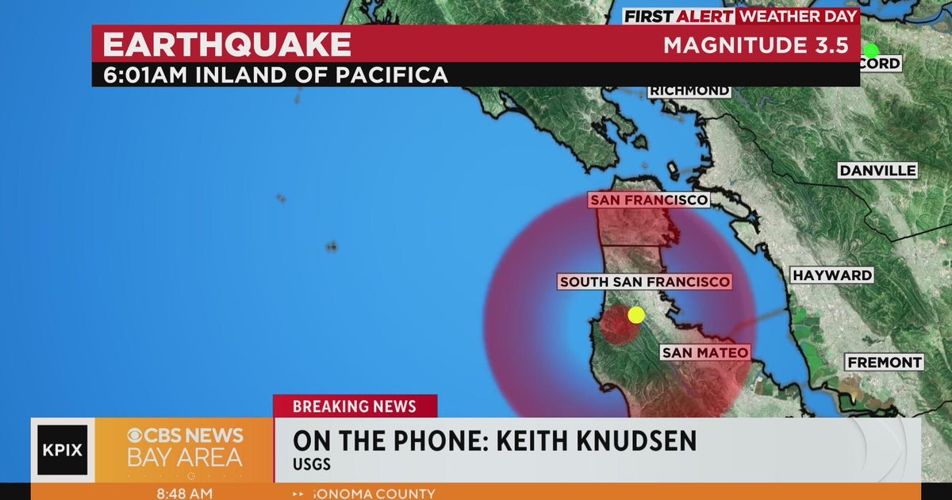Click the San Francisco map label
click(648, 200)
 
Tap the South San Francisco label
click(644, 282)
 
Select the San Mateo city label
click(705, 352)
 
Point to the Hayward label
click(832, 275)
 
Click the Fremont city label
click(885, 363)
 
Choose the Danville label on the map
click(878, 171)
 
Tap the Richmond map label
click(689, 90)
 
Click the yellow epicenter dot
click(636, 315)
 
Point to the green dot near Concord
click(871, 52)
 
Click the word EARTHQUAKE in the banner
click(227, 44)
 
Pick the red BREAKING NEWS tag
click(355, 406)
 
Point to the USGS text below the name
click(311, 464)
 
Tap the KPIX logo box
click(63, 450)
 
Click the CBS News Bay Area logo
click(185, 447)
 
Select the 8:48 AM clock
click(184, 493)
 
